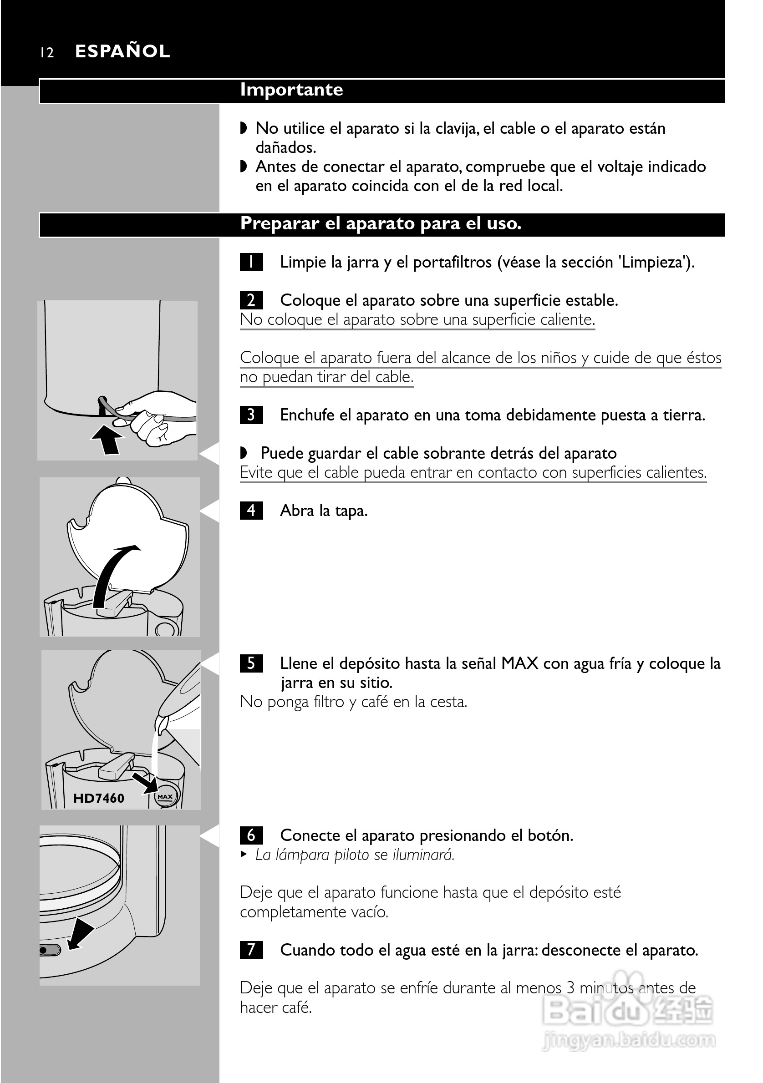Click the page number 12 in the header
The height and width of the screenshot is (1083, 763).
[47, 52]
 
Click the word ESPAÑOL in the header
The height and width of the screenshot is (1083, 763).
[122, 51]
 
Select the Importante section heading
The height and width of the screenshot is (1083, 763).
[292, 90]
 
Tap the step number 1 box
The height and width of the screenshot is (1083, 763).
[251, 262]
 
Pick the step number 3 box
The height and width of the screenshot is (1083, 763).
[251, 415]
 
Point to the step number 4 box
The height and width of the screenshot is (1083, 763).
[251, 511]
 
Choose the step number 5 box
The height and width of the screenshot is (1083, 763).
[251, 663]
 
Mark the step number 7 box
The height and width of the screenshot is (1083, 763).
[251, 950]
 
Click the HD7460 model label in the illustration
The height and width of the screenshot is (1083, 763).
[99, 798]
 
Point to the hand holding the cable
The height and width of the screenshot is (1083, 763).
[156, 416]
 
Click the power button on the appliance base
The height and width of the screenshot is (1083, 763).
[50, 950]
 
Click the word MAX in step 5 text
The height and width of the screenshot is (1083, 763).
[519, 663]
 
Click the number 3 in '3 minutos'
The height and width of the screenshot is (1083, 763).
[570, 988]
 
